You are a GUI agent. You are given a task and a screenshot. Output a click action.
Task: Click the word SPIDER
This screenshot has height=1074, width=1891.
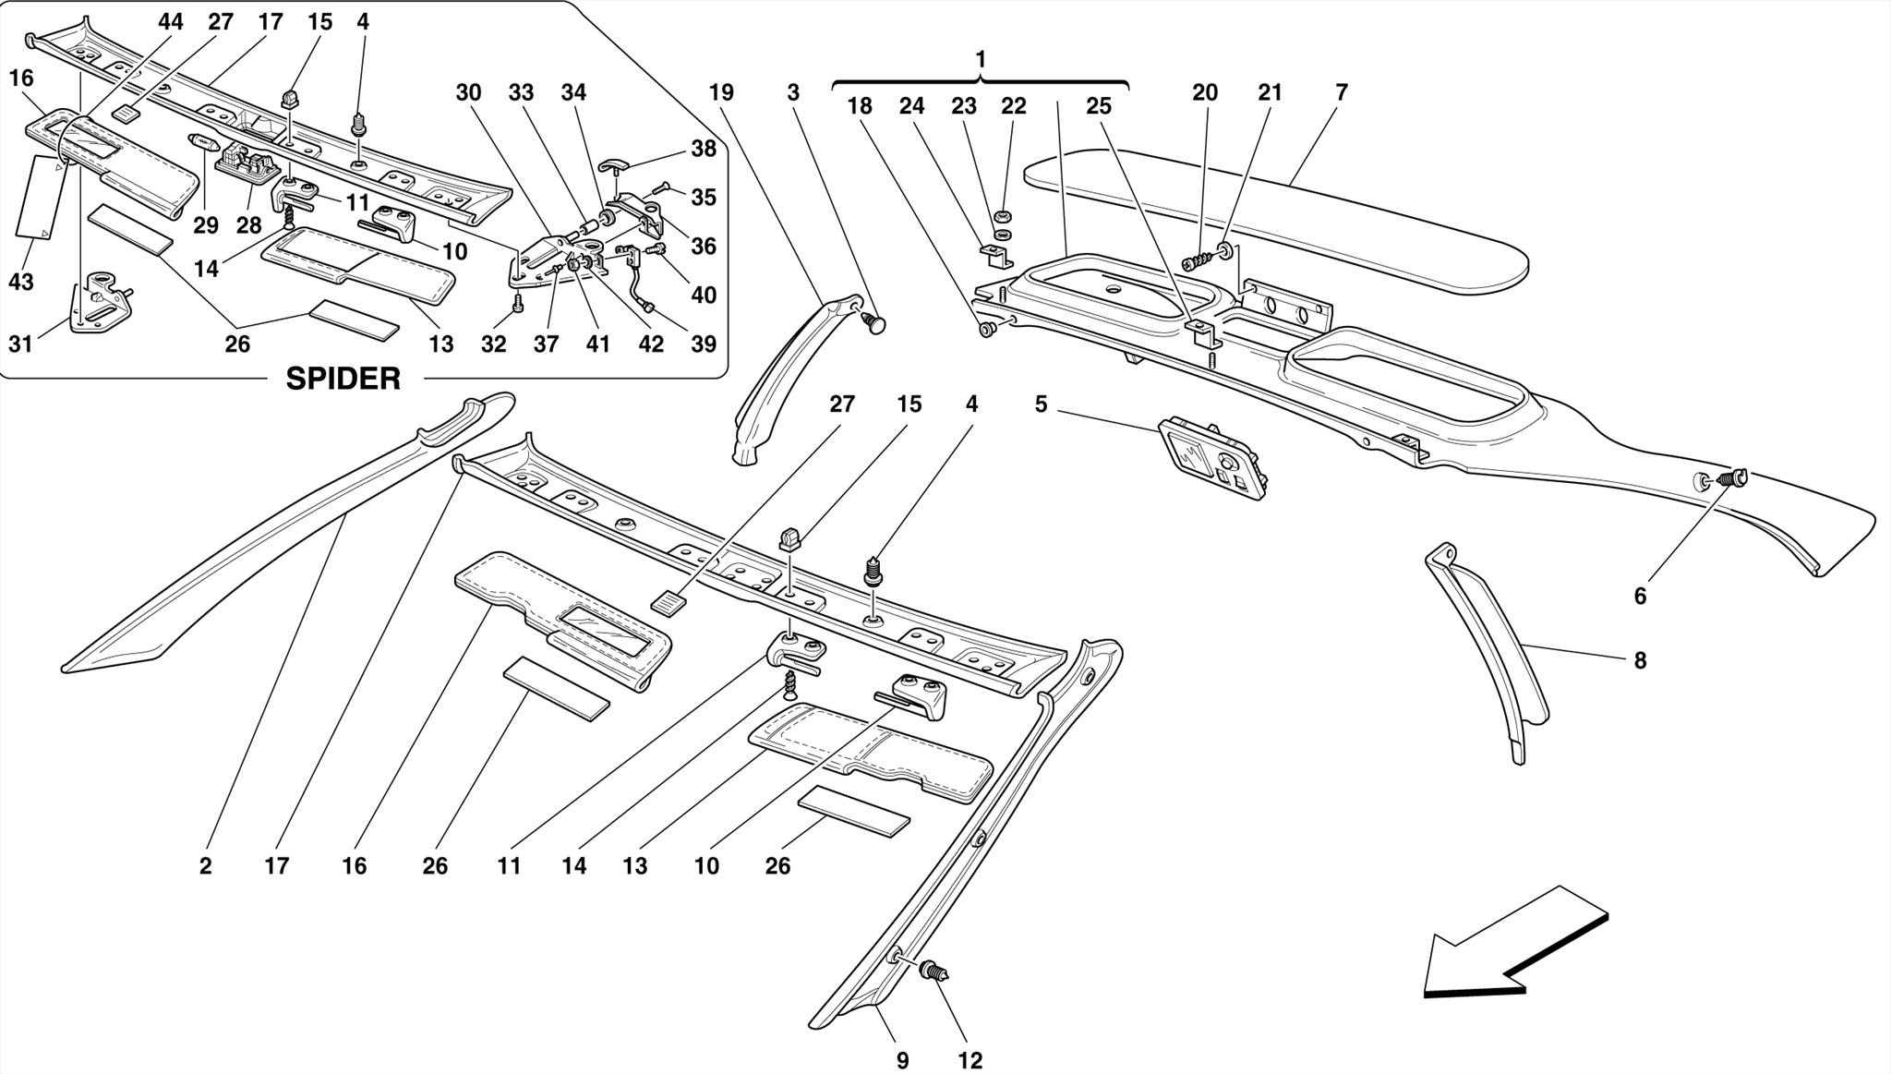[x=343, y=379]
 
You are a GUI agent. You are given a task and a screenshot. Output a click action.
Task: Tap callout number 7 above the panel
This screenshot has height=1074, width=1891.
[x=1341, y=92]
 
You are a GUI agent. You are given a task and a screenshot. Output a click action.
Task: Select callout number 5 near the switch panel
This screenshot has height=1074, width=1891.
[x=1041, y=404]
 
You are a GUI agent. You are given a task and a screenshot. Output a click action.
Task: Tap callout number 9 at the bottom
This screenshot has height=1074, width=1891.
[x=902, y=1060]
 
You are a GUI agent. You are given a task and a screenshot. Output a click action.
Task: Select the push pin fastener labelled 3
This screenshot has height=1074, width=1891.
[x=873, y=322]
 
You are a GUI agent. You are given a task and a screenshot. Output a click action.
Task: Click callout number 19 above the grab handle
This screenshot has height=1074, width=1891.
[x=721, y=92]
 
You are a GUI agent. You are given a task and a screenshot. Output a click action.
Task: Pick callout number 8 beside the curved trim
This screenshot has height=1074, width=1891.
[x=1639, y=661]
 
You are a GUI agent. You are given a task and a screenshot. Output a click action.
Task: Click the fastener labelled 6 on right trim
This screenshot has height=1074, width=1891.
[x=1730, y=478]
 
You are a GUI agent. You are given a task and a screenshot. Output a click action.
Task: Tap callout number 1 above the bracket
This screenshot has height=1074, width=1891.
[x=980, y=59]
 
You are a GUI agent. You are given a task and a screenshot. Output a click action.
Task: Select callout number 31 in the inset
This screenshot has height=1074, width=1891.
[x=20, y=344]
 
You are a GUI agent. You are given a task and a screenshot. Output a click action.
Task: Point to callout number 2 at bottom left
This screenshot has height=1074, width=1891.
[x=205, y=866]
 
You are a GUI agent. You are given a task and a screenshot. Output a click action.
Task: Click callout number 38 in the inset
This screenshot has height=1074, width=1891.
[x=703, y=149]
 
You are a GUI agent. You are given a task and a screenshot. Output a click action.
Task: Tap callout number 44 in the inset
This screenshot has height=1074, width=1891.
[x=170, y=22]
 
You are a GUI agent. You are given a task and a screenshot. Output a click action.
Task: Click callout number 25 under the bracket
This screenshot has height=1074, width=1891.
[x=1098, y=107]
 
